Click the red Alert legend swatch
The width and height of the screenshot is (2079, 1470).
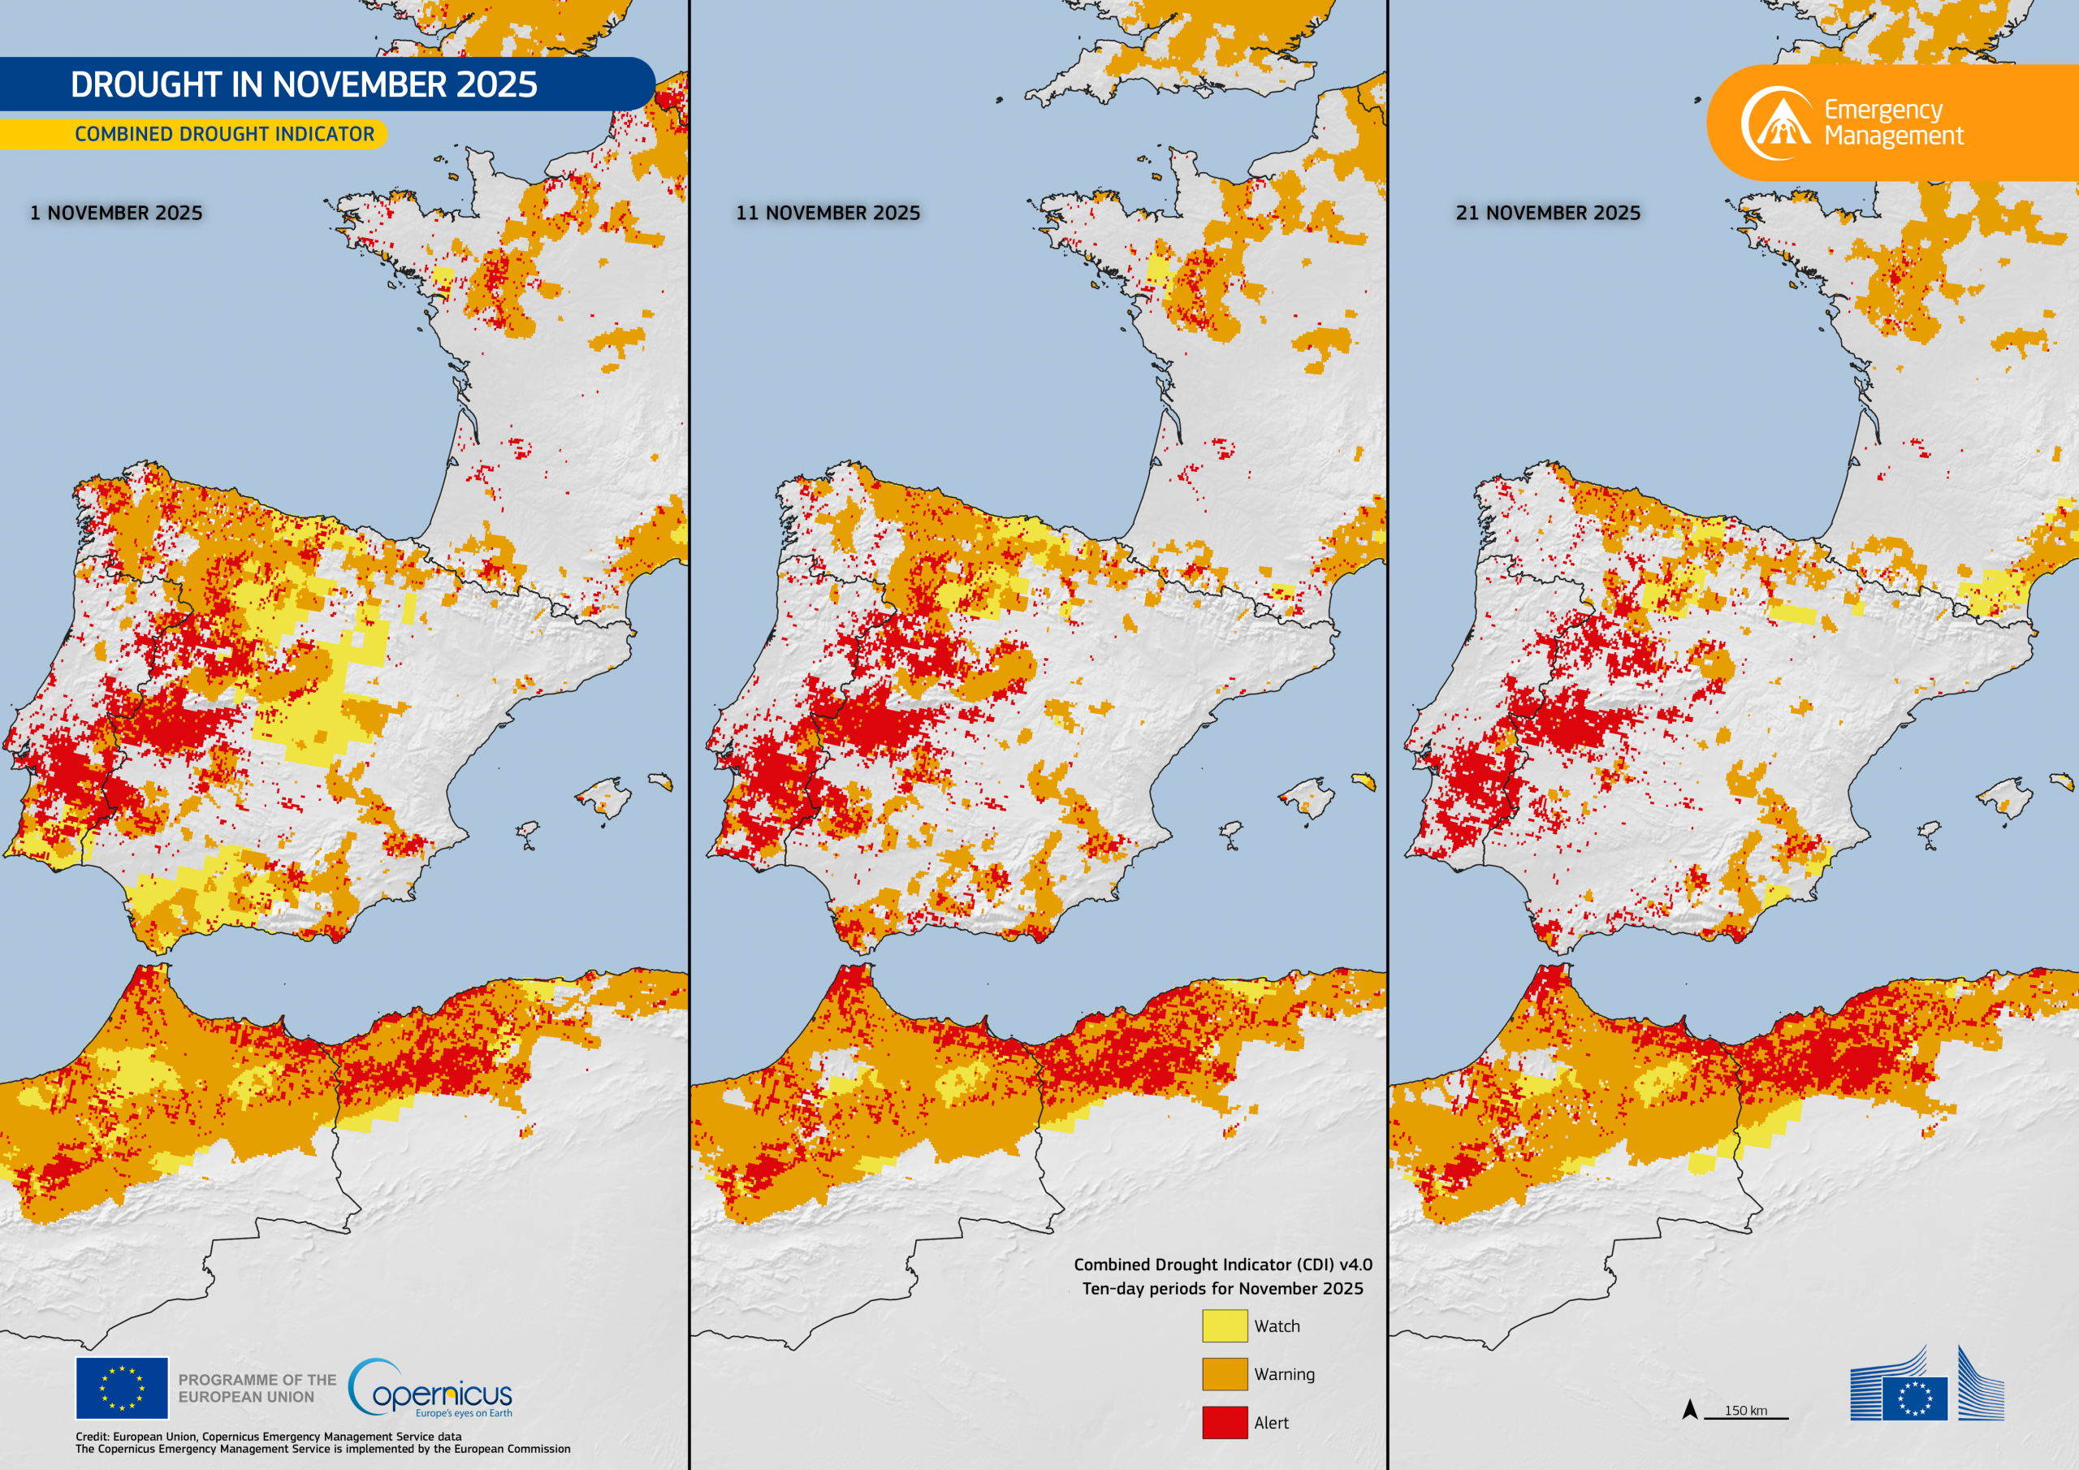[1224, 1422]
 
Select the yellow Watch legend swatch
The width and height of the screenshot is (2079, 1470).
[1224, 1325]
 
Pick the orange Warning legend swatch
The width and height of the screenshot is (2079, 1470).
[1224, 1374]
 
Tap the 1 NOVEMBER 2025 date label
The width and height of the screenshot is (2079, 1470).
[116, 213]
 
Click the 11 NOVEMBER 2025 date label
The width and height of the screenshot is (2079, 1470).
[828, 213]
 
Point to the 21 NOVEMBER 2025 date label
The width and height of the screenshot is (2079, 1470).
[1548, 213]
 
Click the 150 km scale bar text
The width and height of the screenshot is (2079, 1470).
[1745, 1410]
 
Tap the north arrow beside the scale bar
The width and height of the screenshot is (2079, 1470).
[1690, 1408]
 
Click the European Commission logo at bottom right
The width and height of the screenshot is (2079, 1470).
[1926, 1386]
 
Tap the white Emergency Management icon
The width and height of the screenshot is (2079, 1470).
[1777, 123]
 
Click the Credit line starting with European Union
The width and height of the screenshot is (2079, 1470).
[268, 1437]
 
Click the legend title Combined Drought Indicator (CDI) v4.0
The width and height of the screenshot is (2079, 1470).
[1222, 1265]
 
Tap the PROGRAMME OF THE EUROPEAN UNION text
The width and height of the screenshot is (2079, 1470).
[257, 1388]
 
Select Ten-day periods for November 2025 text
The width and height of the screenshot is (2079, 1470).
[1222, 1288]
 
